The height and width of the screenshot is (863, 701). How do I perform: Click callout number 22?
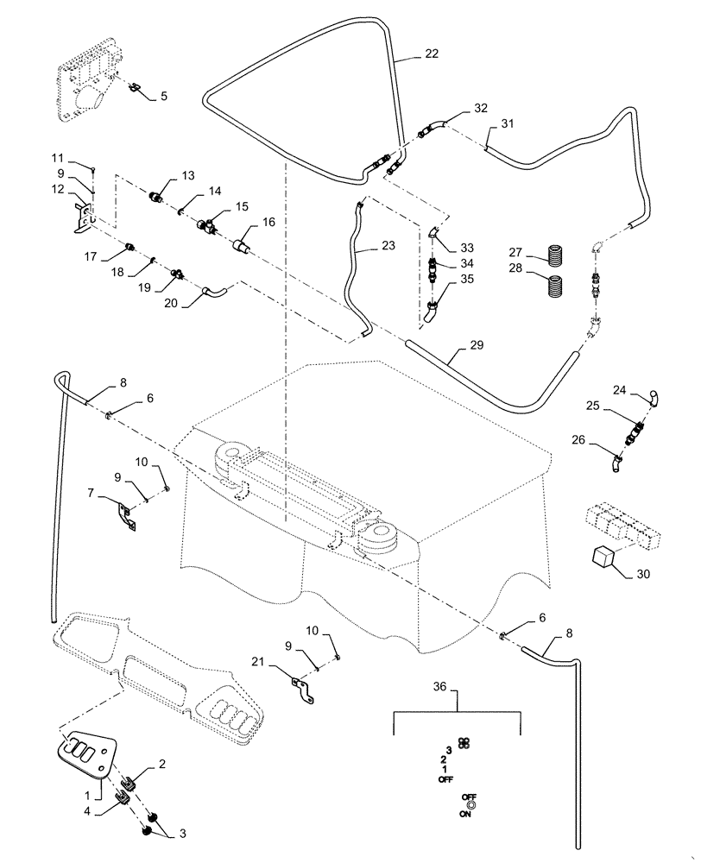click(x=431, y=54)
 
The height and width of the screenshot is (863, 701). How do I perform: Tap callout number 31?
click(x=508, y=124)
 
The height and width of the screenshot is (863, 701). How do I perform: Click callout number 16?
click(x=269, y=223)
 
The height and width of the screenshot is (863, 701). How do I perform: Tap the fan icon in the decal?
click(x=464, y=743)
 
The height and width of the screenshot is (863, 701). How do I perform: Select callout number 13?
click(x=188, y=176)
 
